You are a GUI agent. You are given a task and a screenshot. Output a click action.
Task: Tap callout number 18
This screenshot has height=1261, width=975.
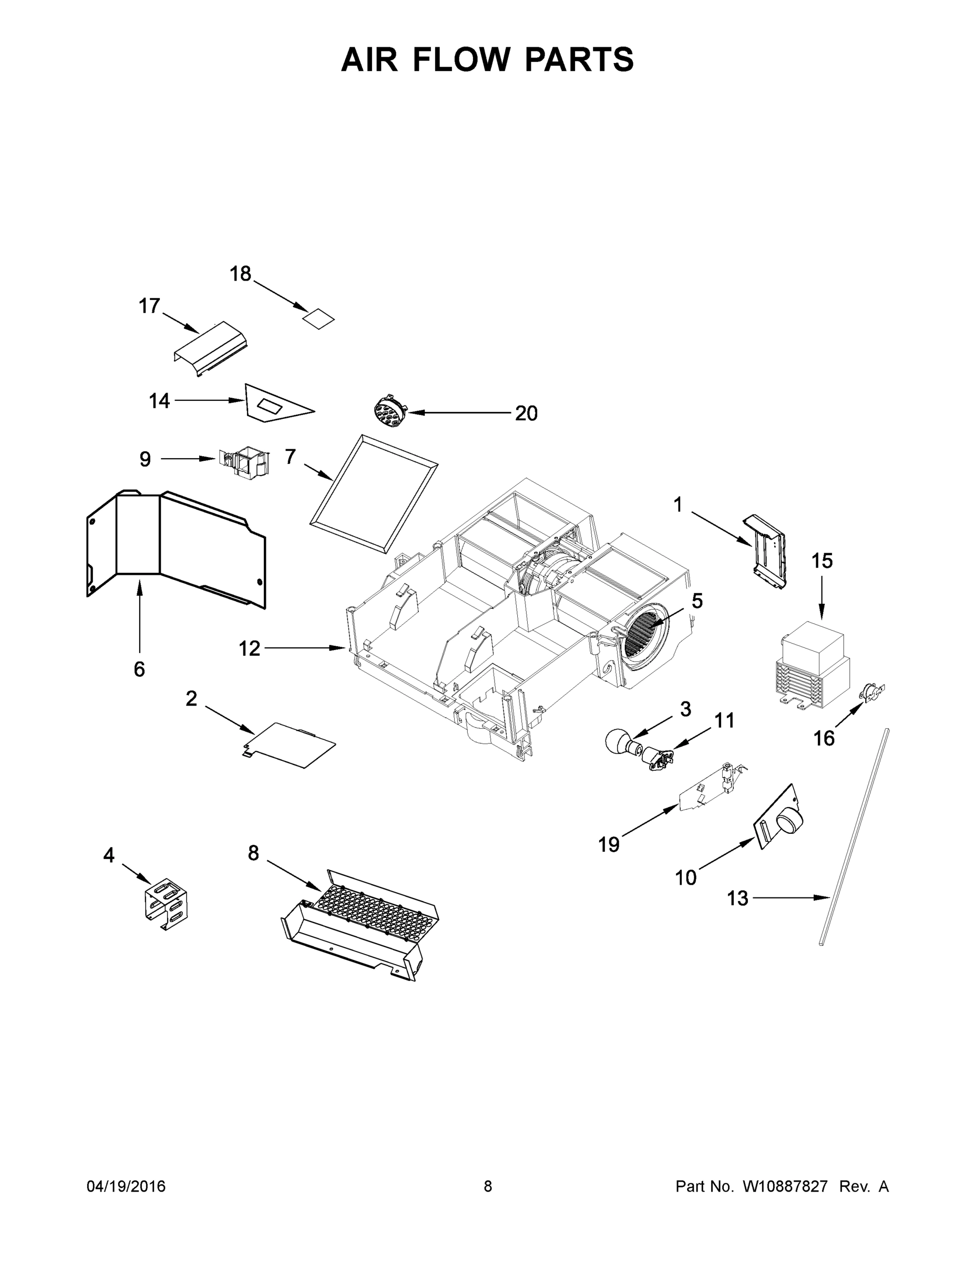click(x=240, y=274)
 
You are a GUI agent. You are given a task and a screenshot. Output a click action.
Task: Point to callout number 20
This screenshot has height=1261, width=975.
click(x=526, y=414)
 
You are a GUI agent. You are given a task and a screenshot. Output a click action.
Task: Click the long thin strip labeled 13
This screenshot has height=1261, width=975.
click(x=854, y=837)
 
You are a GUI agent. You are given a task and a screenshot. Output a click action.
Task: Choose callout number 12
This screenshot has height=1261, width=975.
click(x=250, y=649)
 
